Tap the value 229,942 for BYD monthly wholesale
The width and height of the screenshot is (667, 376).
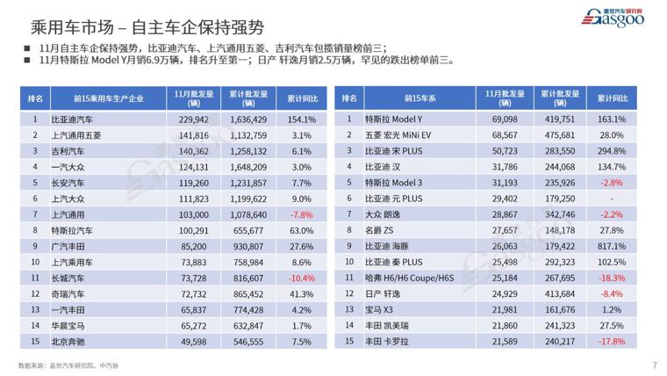coord(193,119)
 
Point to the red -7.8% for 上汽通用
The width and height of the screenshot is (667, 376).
coord(301,214)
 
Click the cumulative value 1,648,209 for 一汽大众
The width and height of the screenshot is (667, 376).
coord(248,166)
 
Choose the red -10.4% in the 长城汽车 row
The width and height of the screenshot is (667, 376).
coord(301,278)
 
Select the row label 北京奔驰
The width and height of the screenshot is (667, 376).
coord(68,342)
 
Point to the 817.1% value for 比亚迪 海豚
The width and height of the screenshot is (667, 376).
coord(612,246)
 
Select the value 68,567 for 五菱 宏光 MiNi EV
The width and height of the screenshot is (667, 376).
coord(505,134)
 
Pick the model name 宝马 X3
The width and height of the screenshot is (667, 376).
coord(382,310)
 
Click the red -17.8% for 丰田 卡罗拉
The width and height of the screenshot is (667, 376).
coord(612,342)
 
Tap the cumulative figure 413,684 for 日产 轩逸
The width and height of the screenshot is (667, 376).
coord(559,293)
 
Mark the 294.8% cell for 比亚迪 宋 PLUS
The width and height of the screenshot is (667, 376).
coord(612,150)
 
